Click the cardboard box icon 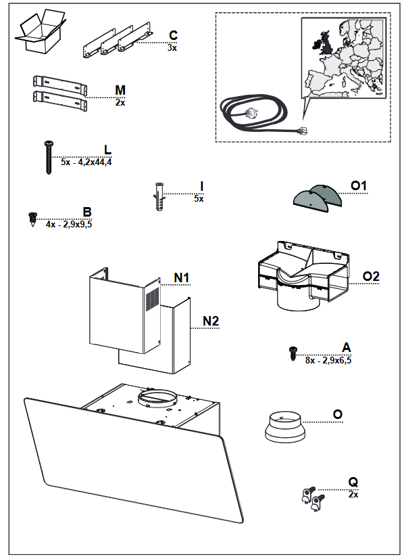41,32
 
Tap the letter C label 173,36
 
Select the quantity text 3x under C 172,48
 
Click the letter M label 120,90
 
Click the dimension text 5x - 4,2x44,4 86,162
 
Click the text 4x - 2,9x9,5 69,224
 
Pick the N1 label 182,277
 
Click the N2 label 211,321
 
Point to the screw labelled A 293,353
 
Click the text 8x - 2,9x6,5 328,360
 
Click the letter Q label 353,482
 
